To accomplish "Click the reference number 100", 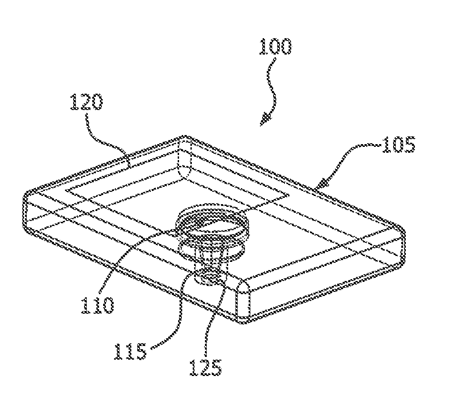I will pos(275,47).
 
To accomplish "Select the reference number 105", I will pos(398,146).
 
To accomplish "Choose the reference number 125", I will pos(206,367).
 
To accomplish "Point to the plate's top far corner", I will pos(184,136).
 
